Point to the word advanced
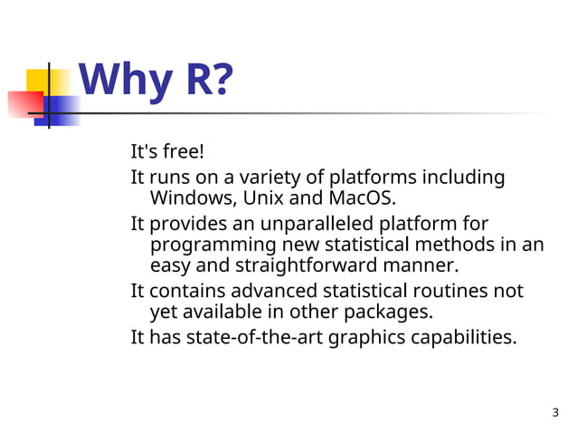[277, 292]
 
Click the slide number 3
[554, 414]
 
